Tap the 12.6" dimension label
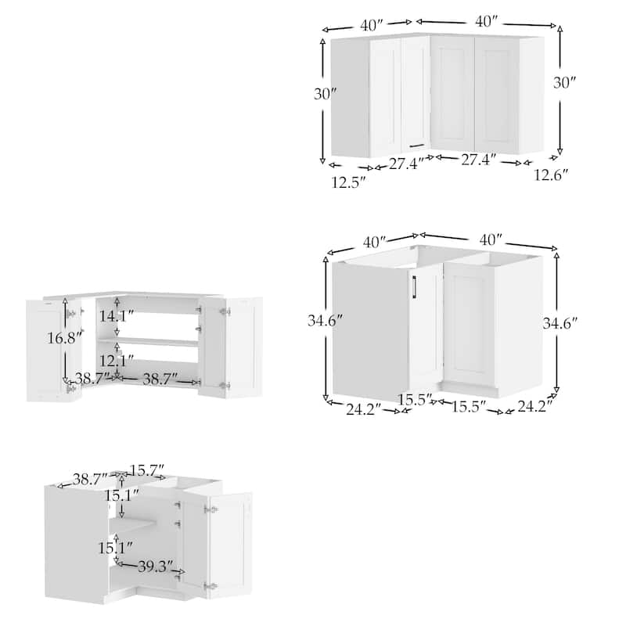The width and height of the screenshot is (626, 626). coord(552,175)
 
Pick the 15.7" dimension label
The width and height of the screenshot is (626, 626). coord(147,470)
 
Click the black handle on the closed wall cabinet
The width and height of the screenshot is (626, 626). coord(416,144)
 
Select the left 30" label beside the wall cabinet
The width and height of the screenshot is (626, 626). coord(325,93)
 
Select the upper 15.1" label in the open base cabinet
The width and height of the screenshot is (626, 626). coord(123,494)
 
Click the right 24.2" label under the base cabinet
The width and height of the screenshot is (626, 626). coord(534,406)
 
